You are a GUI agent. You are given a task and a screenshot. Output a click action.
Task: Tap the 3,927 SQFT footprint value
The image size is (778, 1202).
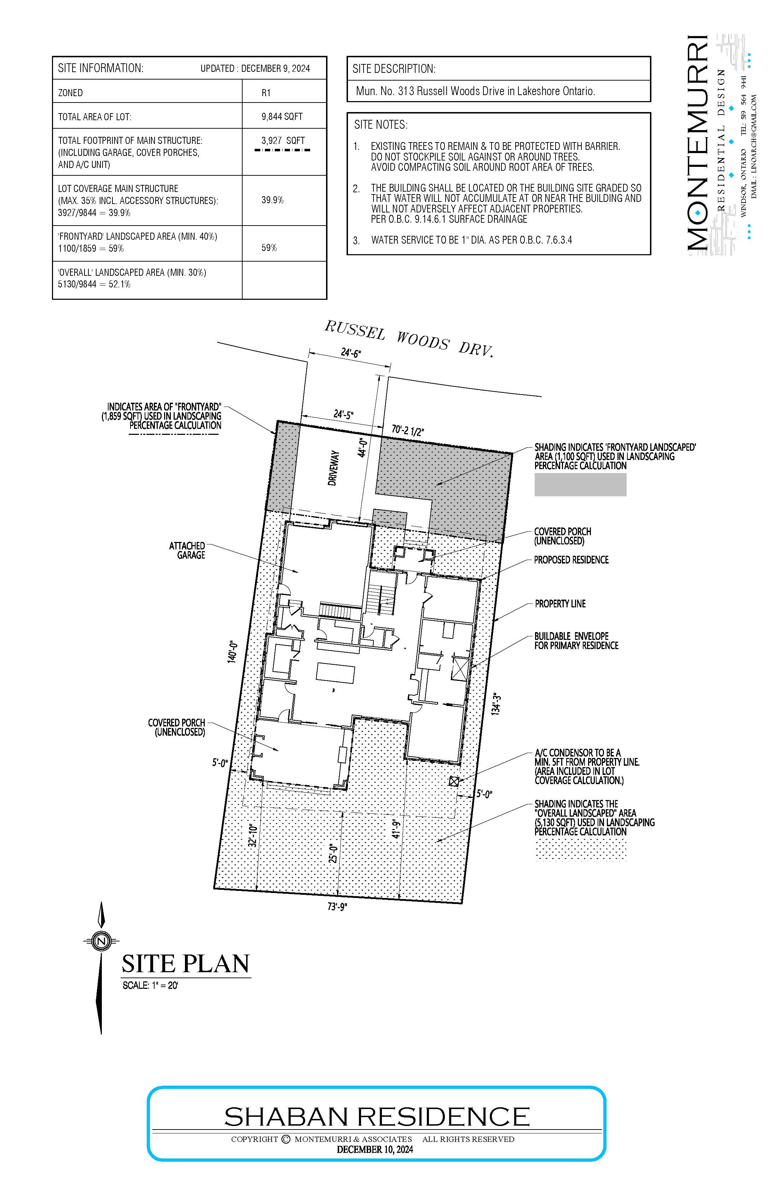tap(283, 140)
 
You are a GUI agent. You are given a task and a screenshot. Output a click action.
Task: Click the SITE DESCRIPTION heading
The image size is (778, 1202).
tap(394, 69)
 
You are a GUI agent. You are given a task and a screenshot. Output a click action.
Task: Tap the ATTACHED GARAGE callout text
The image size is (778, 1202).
tap(187, 550)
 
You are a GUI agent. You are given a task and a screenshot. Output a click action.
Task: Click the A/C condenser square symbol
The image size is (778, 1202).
tap(454, 781)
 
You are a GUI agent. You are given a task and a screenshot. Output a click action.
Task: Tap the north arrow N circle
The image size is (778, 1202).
tap(101, 941)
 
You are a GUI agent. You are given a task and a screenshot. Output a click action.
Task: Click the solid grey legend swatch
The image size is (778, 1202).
tap(580, 484)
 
